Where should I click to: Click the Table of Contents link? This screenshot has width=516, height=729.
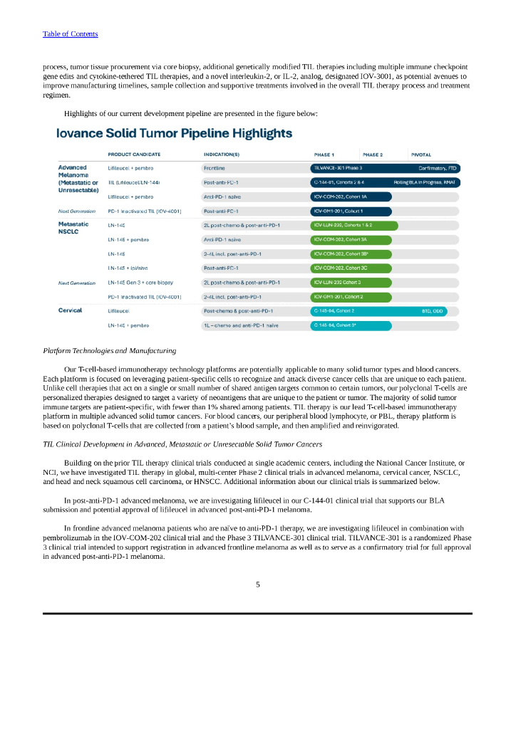tap(70, 34)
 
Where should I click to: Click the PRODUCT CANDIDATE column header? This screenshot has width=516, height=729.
tap(134, 154)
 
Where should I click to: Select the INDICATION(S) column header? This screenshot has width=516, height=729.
tap(222, 154)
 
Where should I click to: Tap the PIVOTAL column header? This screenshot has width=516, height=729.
tap(420, 154)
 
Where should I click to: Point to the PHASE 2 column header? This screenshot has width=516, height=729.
tap(373, 154)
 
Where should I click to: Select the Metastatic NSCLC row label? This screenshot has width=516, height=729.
tap(73, 228)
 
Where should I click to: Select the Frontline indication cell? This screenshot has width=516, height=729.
tap(215, 168)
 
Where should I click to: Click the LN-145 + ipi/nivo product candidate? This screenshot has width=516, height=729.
tap(128, 268)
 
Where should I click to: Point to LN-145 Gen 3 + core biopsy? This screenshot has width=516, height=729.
tap(140, 283)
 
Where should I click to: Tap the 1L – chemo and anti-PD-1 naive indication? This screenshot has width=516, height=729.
tap(241, 325)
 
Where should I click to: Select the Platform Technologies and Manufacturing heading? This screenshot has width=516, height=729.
tap(109, 350)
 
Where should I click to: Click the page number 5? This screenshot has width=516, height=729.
tap(258, 584)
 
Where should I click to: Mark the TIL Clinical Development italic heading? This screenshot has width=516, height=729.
tap(182, 444)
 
